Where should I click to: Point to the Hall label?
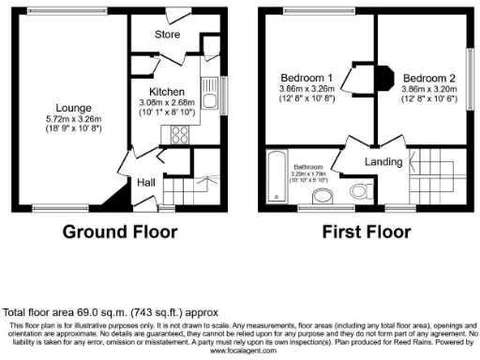[x=147, y=182]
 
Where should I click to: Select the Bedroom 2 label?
[x=427, y=77]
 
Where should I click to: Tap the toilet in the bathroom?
[x=360, y=191]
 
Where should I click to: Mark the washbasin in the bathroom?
[x=322, y=196]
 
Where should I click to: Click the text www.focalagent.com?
[x=240, y=352]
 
